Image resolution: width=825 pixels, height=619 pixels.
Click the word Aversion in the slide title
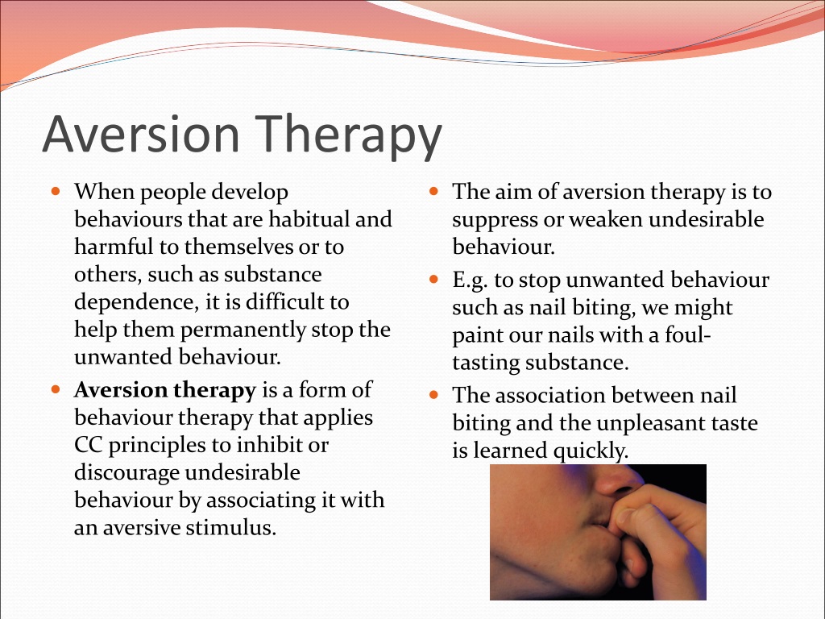pyautogui.click(x=141, y=135)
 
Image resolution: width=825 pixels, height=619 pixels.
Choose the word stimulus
pyautogui.click(x=231, y=527)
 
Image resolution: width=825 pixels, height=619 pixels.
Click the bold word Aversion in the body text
pyautogui.click(x=121, y=390)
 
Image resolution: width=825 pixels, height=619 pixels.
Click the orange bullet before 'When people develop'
pyautogui.click(x=56, y=191)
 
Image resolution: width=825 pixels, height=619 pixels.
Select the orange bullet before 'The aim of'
pyautogui.click(x=433, y=191)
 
